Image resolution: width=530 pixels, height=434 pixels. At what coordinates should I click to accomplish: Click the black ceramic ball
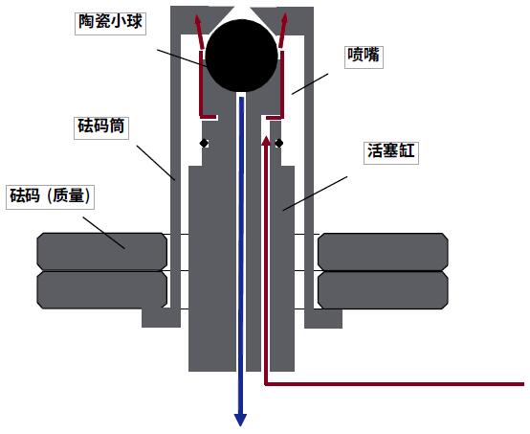pyautogui.click(x=241, y=56)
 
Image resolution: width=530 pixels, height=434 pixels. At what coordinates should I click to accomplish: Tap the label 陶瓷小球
pyautogui.click(x=110, y=22)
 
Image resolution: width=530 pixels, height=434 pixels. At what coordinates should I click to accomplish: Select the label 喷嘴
pyautogui.click(x=364, y=55)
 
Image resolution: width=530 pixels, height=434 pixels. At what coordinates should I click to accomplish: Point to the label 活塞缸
pyautogui.click(x=391, y=150)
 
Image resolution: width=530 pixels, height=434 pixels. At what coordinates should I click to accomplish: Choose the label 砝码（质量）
pyautogui.click(x=50, y=195)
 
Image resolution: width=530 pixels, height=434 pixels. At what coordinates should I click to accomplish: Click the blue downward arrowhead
pyautogui.click(x=240, y=420)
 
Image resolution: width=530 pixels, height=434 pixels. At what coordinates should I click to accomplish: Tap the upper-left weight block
pyautogui.click(x=101, y=252)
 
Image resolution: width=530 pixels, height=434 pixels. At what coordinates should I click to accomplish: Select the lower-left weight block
pyautogui.click(x=101, y=290)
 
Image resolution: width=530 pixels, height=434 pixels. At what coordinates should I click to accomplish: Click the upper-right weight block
pyautogui.click(x=383, y=252)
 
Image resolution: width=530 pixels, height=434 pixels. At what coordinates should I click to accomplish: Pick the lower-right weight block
pyautogui.click(x=383, y=290)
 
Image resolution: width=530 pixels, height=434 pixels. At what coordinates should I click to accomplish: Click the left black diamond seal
pyautogui.click(x=204, y=143)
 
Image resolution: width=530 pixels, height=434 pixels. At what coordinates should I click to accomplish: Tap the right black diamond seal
pyautogui.click(x=278, y=143)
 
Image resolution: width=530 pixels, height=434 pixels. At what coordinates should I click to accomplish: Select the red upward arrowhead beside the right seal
pyautogui.click(x=267, y=140)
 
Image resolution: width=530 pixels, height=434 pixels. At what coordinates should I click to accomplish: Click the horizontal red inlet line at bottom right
pyautogui.click(x=394, y=384)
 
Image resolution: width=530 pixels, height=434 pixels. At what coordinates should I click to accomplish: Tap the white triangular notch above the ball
pyautogui.click(x=242, y=12)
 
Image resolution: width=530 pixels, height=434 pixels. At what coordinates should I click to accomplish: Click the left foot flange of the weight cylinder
pyautogui.click(x=161, y=318)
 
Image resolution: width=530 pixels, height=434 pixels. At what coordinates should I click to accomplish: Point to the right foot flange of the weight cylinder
pyautogui.click(x=323, y=318)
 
